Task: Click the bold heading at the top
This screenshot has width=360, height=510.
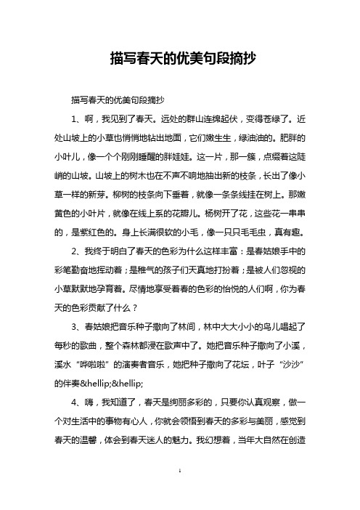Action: pos(180,58)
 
